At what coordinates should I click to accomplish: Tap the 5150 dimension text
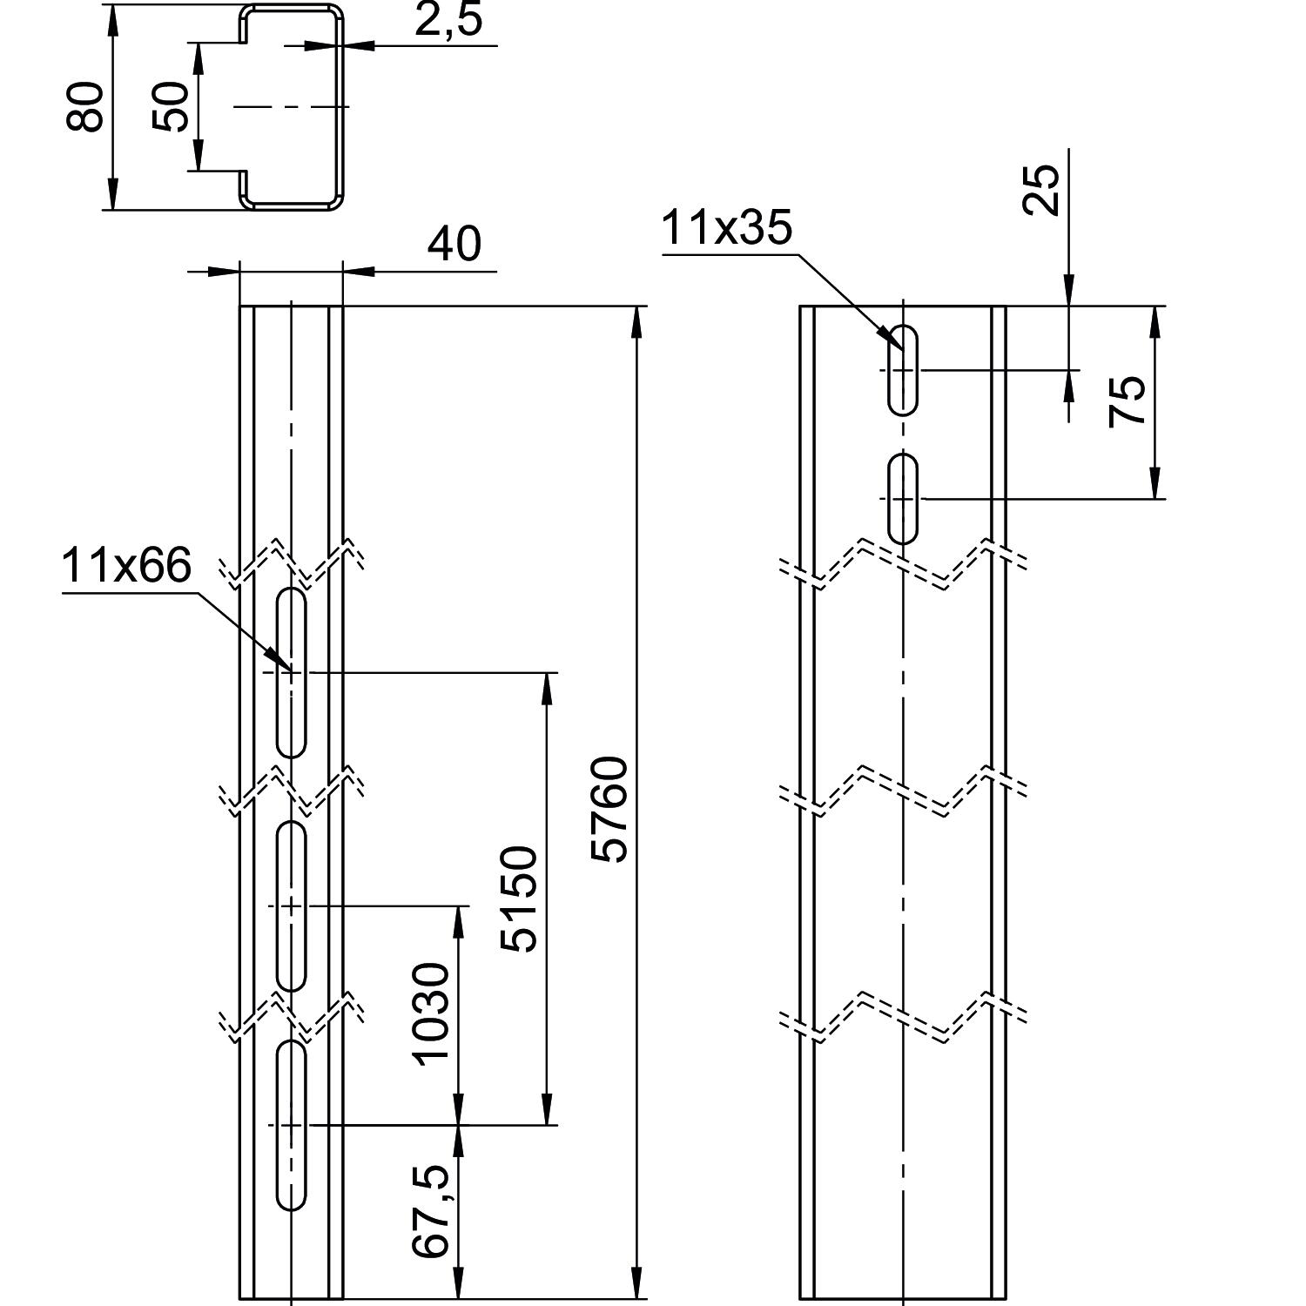pos(521,899)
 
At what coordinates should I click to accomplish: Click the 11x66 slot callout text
pos(126,567)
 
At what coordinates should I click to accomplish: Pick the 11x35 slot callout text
pos(727,228)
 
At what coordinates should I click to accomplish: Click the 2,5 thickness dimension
pos(448,21)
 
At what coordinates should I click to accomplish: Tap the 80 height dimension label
pos(86,107)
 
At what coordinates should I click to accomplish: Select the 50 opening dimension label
pos(172,107)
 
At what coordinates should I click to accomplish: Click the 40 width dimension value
pos(454,245)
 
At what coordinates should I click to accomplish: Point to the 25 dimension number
pos(1042,190)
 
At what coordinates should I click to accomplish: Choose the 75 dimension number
pos(1128,401)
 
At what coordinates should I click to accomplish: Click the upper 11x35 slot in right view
pos(903,369)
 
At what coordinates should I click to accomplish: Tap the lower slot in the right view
pos(903,498)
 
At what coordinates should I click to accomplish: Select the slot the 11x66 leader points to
pos(291,672)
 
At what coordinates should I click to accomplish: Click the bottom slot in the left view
pos(291,1125)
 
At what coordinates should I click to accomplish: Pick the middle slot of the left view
pos(291,905)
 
